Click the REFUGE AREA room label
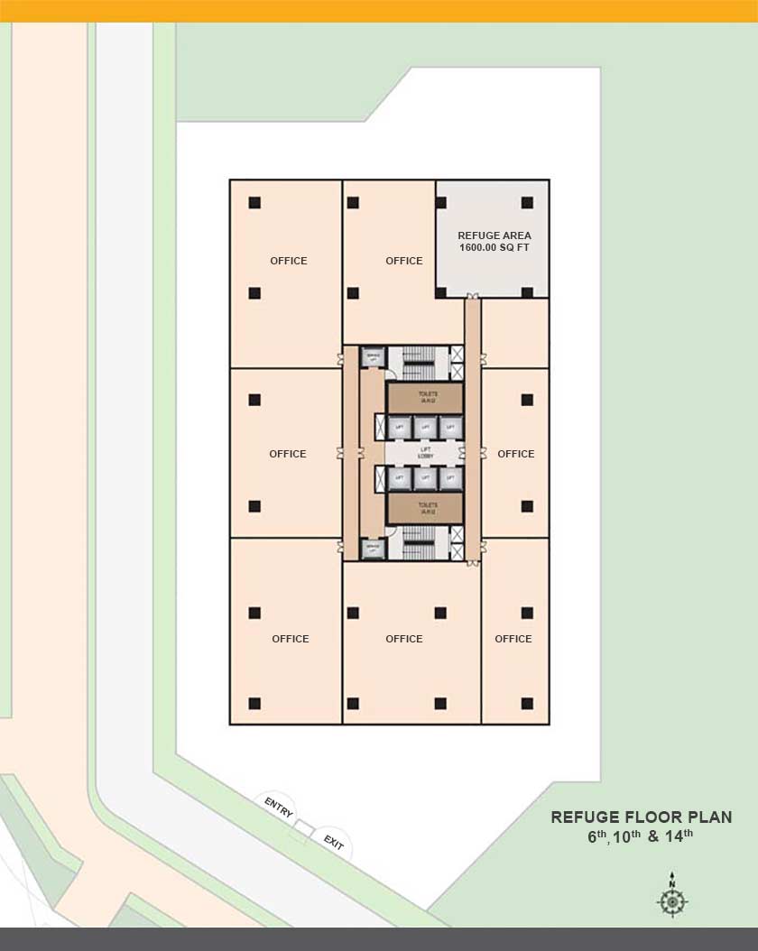(494, 235)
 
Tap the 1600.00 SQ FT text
(494, 247)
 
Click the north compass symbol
(671, 900)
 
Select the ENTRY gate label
(279, 806)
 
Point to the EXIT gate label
(334, 844)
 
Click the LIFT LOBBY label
(426, 452)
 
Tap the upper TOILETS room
(426, 398)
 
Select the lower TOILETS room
(426, 508)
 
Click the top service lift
(373, 357)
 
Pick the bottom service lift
(373, 548)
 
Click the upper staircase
(418, 361)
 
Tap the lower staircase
(418, 543)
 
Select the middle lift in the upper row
(426, 427)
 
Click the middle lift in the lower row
(426, 478)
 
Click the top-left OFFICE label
(289, 261)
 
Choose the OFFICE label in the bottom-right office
(513, 639)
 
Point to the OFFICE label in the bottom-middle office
(404, 639)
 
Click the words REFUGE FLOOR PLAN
(642, 817)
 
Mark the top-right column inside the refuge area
(528, 202)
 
